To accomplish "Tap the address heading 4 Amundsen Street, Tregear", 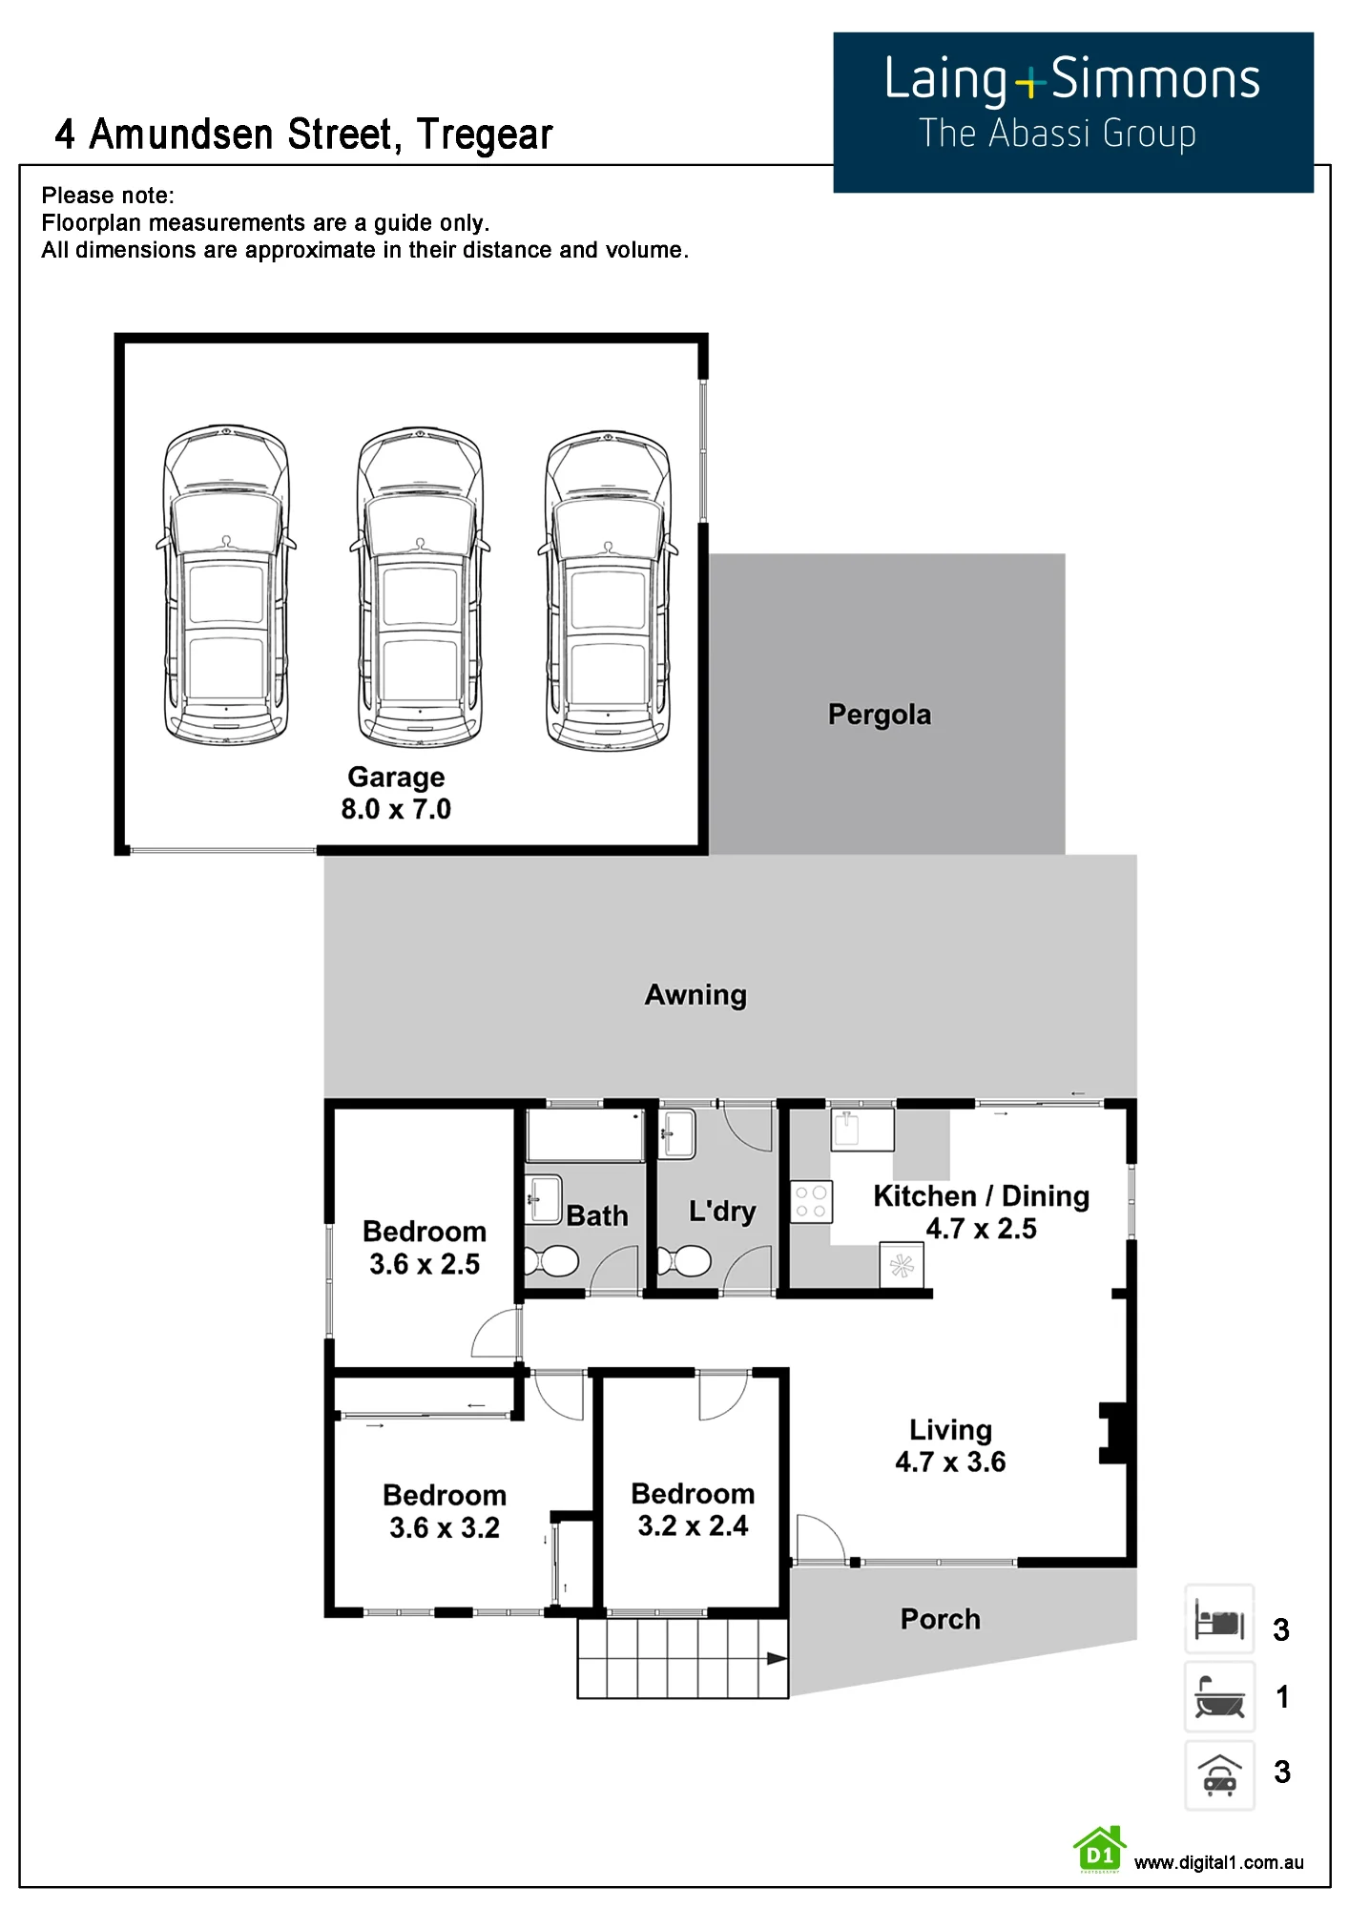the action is click(x=304, y=135).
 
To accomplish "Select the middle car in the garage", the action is click(x=420, y=587).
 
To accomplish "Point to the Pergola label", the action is click(x=880, y=715).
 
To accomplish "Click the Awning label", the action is click(x=695, y=995).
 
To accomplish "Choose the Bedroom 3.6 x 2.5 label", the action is click(x=425, y=1248).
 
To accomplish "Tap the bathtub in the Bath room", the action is click(x=586, y=1134).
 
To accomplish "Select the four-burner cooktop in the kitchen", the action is click(x=811, y=1202).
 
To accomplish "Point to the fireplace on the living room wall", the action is click(x=1114, y=1432).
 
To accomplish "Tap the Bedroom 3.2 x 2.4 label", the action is click(x=693, y=1509).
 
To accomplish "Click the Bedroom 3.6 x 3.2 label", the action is click(x=445, y=1511).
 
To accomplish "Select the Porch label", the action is click(x=941, y=1619).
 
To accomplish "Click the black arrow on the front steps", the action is click(x=777, y=1659).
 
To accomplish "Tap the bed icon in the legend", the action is click(x=1219, y=1619).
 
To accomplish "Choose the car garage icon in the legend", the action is click(x=1219, y=1775).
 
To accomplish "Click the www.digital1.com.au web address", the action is click(x=1218, y=1862).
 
